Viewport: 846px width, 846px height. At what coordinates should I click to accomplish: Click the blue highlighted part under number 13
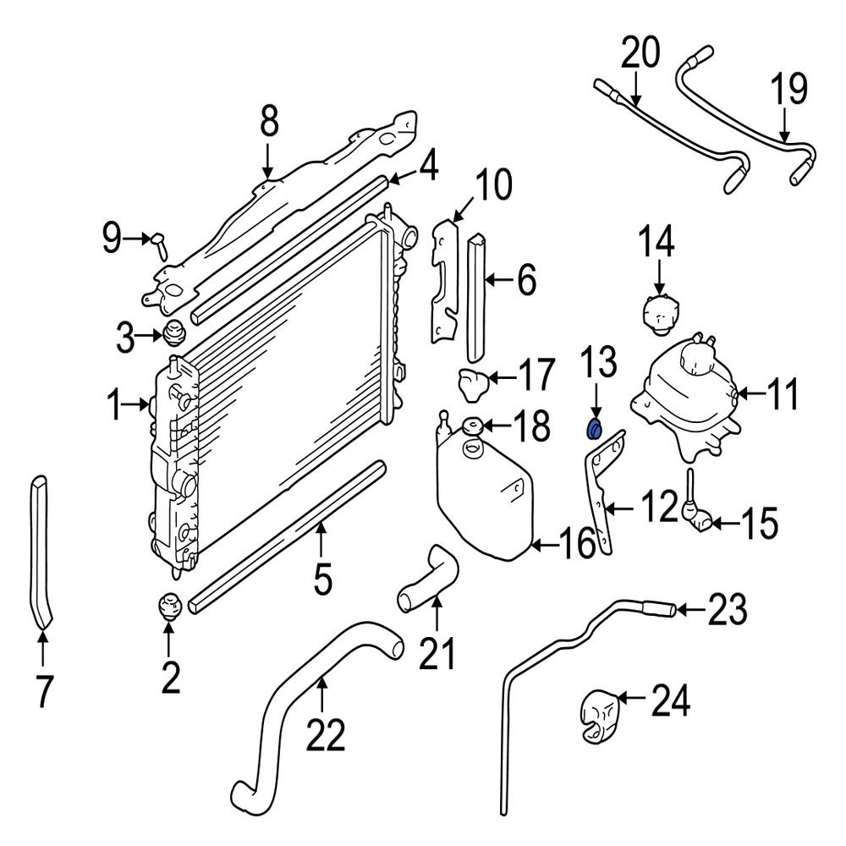coord(595,430)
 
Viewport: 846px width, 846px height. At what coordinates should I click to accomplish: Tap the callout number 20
coord(640,52)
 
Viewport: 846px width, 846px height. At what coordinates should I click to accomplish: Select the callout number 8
coord(269,121)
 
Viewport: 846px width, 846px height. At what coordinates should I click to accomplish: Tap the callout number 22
coord(326,734)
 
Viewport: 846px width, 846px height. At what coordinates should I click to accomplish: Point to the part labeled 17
coord(473,384)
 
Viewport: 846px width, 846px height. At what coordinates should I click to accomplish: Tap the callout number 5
coord(322,578)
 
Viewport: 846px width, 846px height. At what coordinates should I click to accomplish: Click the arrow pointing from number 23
coord(690,610)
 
